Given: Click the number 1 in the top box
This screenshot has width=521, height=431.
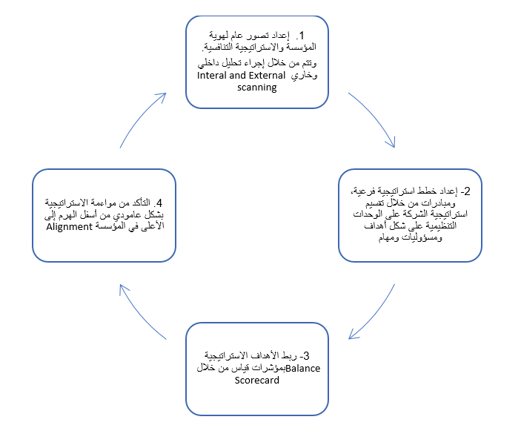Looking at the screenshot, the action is point(302,36).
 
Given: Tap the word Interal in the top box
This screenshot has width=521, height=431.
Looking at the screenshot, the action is point(212,76).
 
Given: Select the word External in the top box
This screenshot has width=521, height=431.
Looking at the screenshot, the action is point(267,76).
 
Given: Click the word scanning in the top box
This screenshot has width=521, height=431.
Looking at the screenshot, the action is point(257,88).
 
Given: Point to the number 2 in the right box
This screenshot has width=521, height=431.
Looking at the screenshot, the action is point(467,191).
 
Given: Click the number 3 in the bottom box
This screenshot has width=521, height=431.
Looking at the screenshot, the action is point(306,356).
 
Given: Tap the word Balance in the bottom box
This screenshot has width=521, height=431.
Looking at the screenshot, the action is point(303,369).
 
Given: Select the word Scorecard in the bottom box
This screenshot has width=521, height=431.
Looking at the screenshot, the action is point(257,380).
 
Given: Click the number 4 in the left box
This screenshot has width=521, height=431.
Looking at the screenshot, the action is point(159,203).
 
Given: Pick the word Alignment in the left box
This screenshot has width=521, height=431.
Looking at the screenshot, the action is point(69,227).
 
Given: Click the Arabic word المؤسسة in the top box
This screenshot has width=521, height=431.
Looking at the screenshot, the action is point(302,47).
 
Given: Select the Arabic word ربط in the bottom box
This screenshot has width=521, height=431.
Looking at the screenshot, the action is point(290,356).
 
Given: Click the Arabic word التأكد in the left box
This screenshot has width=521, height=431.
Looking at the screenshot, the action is point(142,203).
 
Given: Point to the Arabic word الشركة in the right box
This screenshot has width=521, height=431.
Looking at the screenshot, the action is point(419,214).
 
